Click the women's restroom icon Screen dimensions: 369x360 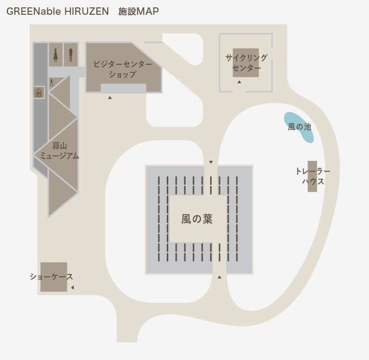[56, 55]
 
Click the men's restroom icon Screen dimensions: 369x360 [71, 55]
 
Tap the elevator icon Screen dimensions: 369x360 [39, 92]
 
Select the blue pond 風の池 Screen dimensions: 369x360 [299, 127]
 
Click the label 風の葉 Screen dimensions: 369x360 [197, 219]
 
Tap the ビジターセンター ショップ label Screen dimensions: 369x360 [123, 69]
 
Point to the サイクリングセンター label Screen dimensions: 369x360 [246, 62]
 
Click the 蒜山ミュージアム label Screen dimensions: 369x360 [60, 151]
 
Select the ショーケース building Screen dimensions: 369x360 [54, 277]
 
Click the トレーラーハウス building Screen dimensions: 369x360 [312, 176]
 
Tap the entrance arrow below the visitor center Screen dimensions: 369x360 [110, 97]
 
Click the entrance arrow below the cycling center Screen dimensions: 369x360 [239, 82]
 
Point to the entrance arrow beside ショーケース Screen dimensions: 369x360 [72, 288]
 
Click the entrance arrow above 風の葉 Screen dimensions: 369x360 [211, 162]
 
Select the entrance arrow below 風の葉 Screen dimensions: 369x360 [219, 277]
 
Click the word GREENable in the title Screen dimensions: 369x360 [33, 11]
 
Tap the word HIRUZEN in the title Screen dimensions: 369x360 [87, 11]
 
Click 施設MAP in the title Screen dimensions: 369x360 [138, 11]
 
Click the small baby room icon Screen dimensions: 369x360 [52, 83]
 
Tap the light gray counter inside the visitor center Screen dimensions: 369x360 [123, 88]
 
